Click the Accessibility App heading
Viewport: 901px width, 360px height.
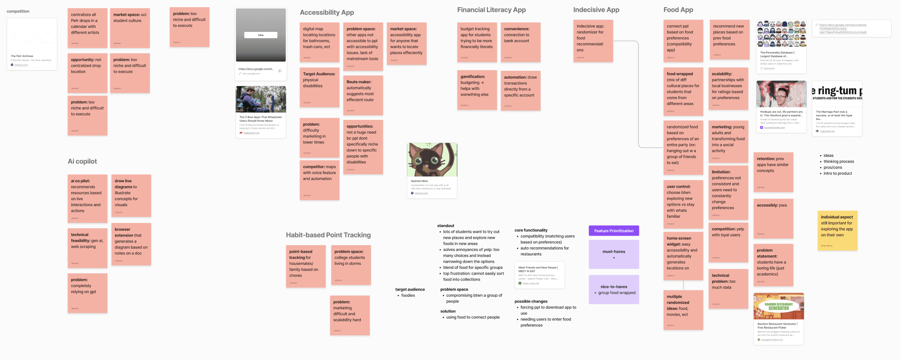[x=327, y=13]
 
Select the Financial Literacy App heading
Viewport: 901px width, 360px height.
[x=491, y=10]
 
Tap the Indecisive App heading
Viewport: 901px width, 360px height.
[x=596, y=10]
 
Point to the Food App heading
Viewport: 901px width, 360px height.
[x=678, y=10]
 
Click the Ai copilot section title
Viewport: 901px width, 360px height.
[x=82, y=162]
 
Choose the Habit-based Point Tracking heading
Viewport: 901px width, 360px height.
[x=328, y=235]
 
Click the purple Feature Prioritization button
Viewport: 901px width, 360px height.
[x=613, y=231]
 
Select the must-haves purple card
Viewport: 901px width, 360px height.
[x=613, y=254]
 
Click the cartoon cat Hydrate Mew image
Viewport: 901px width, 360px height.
[x=432, y=160]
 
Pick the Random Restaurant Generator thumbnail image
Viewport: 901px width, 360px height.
[x=779, y=306]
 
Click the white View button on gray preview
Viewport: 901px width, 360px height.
[x=261, y=35]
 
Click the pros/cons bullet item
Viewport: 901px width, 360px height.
[x=833, y=167]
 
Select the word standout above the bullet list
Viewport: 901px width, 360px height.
[x=446, y=226]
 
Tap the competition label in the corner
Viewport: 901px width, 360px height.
[x=18, y=11]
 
